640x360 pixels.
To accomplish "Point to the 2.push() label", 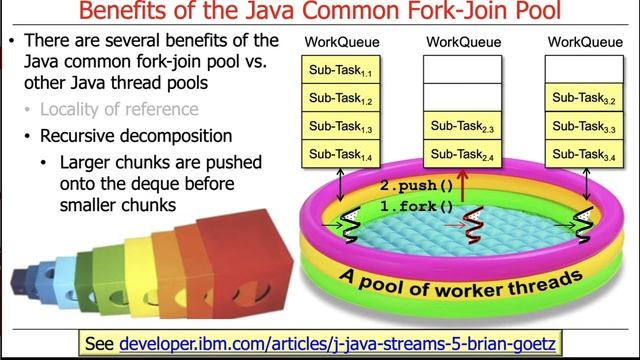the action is coord(417,186).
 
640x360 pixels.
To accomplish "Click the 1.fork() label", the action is coord(417,206).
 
